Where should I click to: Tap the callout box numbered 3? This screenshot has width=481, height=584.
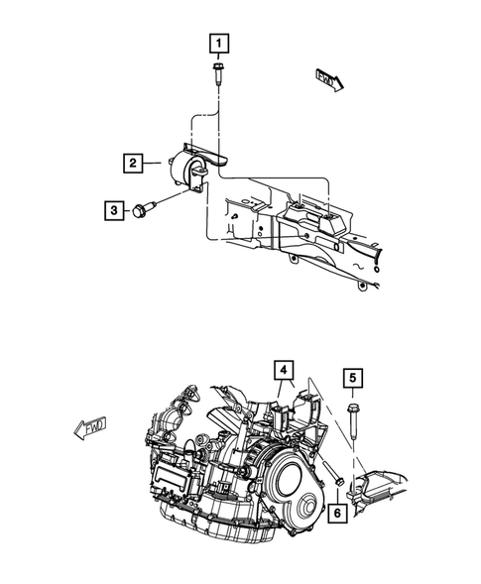pos(115,209)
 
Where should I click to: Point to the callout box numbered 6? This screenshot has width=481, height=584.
pos(339,512)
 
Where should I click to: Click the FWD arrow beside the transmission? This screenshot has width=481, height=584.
pos(92,429)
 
